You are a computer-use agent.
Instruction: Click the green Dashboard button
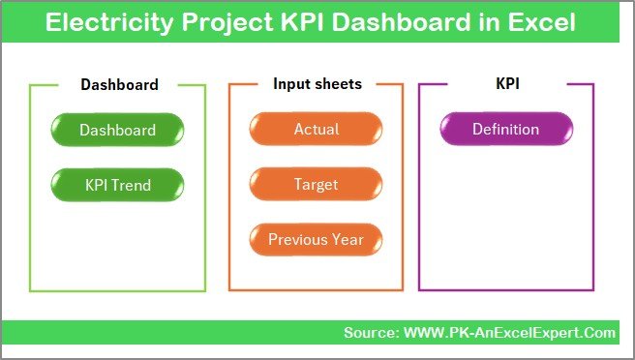pos(117,130)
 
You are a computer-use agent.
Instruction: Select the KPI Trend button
pos(117,184)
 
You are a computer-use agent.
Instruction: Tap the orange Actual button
pos(316,130)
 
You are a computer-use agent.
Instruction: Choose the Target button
pos(316,184)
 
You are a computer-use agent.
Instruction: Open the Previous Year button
pos(316,239)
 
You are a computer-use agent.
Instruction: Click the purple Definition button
pos(505,130)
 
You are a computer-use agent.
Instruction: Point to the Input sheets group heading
pos(317,84)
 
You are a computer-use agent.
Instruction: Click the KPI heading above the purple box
pos(508,84)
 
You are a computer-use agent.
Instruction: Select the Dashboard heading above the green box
pos(119,84)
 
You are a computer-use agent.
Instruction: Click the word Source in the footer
pos(371,333)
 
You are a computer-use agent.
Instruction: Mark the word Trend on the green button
pos(134,184)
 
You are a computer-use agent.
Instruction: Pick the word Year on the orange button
pos(346,239)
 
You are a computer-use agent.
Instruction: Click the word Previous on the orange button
pos(296,239)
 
